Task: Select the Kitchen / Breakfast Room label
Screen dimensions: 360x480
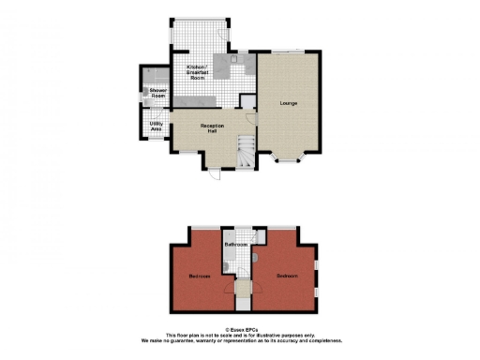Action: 197,73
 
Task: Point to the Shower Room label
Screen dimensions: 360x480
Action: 157,94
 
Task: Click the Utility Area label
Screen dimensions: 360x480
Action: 157,126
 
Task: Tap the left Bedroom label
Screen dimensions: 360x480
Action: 199,277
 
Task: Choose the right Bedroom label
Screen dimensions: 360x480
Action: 287,276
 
